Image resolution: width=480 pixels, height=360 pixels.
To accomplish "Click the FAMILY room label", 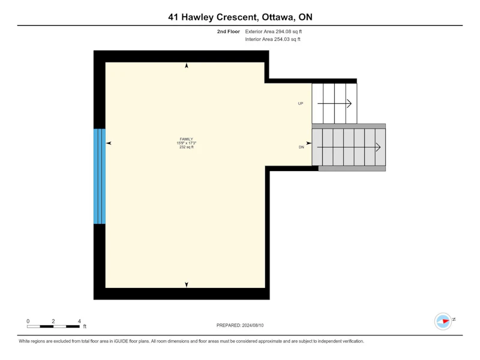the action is click(x=186, y=139).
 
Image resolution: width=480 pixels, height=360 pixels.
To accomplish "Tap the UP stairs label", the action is click(x=301, y=103).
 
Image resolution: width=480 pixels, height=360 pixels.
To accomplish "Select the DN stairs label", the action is click(x=302, y=147).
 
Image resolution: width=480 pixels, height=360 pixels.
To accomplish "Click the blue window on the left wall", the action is click(x=100, y=176).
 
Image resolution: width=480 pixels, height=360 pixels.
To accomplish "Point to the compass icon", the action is click(x=443, y=321).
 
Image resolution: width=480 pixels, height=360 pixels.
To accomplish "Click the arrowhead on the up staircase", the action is click(x=349, y=103).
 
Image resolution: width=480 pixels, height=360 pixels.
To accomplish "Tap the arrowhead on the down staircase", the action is click(x=379, y=147).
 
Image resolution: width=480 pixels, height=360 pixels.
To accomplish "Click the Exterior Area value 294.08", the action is click(x=283, y=31).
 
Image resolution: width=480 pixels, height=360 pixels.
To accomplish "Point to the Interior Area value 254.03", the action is click(x=281, y=39).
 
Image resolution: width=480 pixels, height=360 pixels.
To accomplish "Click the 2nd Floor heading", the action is click(x=229, y=31).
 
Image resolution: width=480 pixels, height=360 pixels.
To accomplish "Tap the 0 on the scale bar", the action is click(x=28, y=321).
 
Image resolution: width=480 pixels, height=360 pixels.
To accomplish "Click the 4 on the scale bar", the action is click(x=79, y=321).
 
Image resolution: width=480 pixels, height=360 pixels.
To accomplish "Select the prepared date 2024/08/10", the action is click(x=253, y=325).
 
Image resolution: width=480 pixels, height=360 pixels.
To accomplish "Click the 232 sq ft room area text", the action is click(x=187, y=147).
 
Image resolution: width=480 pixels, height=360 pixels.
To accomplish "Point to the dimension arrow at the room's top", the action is click(x=187, y=65).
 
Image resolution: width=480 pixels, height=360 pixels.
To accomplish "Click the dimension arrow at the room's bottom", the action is click(x=187, y=284).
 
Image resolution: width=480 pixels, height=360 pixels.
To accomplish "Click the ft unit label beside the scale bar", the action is click(x=85, y=326).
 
